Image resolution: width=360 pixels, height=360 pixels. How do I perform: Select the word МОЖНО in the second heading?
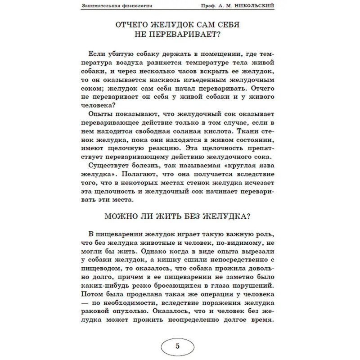[x=121, y=216]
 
